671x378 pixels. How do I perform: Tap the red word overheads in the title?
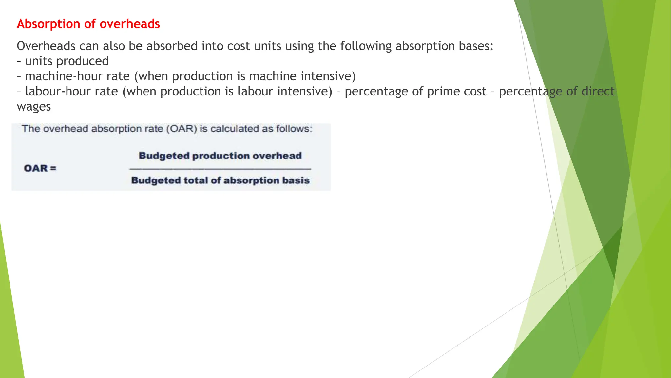coord(130,24)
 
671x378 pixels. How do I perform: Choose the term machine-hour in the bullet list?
coord(77,76)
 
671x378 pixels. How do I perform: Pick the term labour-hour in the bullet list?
coord(71,92)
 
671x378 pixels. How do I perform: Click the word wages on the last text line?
coord(34,107)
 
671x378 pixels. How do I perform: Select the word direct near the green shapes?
coord(598,92)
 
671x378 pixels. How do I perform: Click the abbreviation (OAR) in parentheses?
coord(182,129)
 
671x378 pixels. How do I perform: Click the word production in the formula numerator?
coord(221,156)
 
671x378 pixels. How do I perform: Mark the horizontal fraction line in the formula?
coord(220,169)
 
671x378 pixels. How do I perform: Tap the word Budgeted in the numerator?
coord(164,156)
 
